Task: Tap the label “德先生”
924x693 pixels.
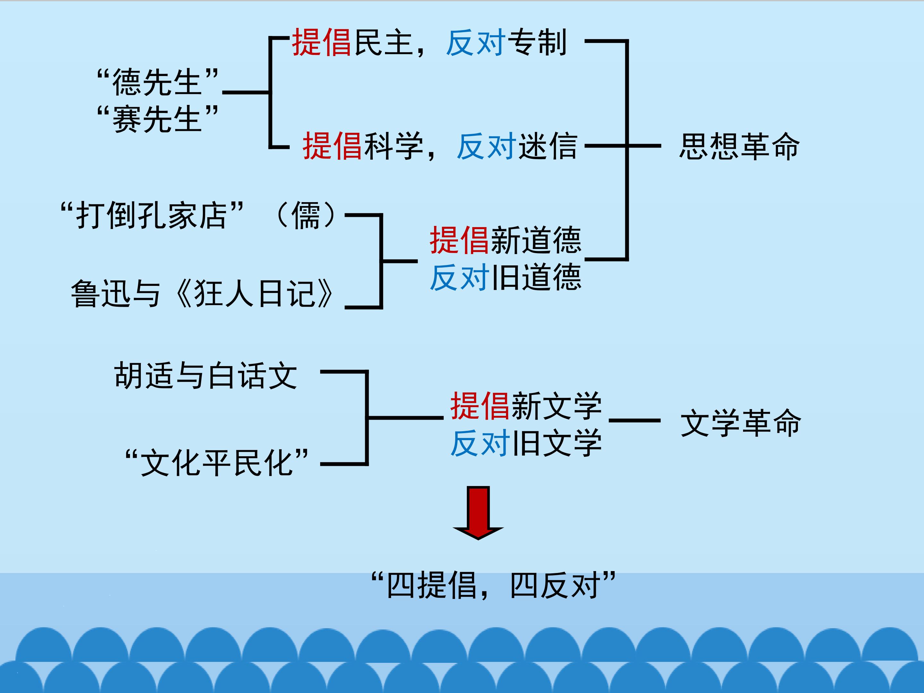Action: [x=158, y=82]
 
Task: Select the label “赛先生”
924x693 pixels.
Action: [x=158, y=119]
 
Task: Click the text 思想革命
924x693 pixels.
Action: [x=740, y=147]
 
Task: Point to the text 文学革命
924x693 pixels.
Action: [x=740, y=423]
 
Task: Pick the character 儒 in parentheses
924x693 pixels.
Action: [x=306, y=216]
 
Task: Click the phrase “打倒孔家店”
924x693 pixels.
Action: [x=152, y=216]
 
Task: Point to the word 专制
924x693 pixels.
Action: [x=536, y=43]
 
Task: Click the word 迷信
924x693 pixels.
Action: [x=547, y=146]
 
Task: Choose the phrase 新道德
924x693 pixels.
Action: [x=536, y=240]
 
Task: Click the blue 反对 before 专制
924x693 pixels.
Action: [x=476, y=43]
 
